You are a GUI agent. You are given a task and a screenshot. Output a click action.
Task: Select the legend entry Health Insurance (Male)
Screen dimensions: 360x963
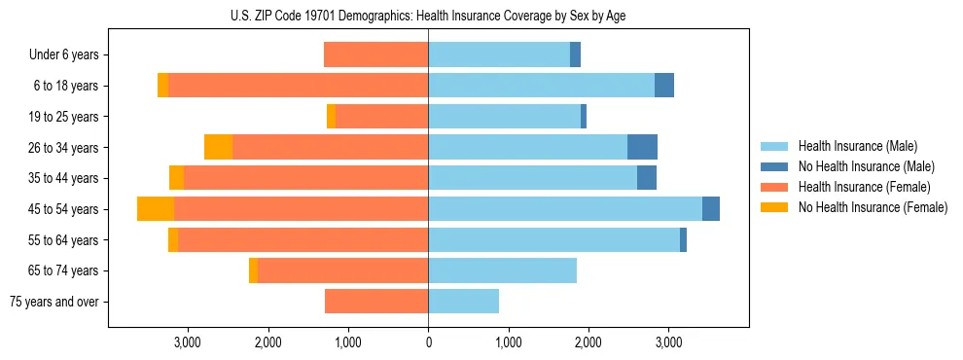[x=857, y=146]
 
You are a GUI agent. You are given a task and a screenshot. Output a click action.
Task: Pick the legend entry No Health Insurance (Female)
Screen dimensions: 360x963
[x=873, y=207]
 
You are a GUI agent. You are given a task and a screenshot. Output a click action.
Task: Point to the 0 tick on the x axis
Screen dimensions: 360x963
[x=428, y=342]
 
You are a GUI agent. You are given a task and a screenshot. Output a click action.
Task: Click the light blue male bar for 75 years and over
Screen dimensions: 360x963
[x=464, y=302]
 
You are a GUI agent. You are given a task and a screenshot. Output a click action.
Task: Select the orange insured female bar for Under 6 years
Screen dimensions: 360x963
[x=375, y=55]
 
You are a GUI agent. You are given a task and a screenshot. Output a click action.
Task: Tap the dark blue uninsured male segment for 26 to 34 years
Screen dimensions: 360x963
[x=642, y=148]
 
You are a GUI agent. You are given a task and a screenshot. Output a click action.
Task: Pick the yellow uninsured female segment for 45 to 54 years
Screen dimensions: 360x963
[x=156, y=209]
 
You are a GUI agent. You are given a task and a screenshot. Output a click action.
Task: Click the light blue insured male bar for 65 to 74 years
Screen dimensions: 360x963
[x=502, y=270]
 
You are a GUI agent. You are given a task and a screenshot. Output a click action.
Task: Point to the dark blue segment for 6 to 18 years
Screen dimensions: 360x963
[x=664, y=86]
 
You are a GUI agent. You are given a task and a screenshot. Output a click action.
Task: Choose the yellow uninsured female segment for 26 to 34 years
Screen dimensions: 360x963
[x=219, y=148]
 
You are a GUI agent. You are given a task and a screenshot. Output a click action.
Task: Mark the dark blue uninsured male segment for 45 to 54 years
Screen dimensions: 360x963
[x=711, y=209]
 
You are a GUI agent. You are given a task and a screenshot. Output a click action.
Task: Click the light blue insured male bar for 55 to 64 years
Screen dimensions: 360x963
[x=553, y=240]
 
